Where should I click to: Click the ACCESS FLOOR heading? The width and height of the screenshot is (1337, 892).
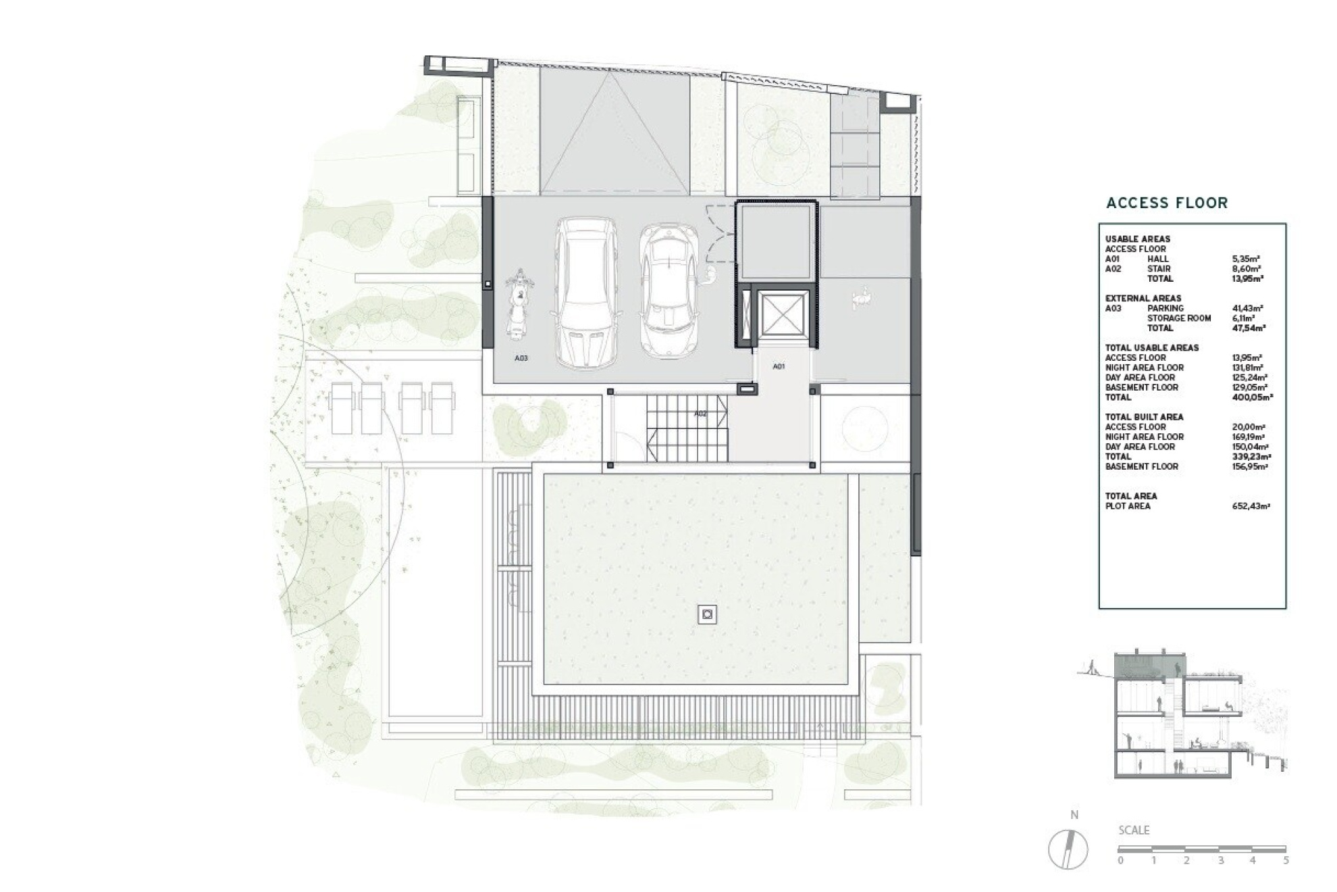coord(1167,203)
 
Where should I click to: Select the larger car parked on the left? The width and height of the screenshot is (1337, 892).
coord(585,292)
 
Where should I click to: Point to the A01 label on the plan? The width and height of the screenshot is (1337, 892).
coord(779,366)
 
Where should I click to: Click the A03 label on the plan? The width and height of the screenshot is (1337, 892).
coord(521,358)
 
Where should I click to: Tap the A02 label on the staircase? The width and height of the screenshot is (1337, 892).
coord(700,414)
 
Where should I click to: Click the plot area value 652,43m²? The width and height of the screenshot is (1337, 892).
coord(1251,506)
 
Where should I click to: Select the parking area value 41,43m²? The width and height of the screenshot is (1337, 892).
coord(1248,308)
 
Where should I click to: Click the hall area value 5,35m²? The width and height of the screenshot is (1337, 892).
coord(1246,259)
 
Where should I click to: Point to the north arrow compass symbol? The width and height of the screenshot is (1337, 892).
coord(1068,849)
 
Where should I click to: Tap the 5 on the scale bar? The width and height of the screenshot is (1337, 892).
coord(1286,861)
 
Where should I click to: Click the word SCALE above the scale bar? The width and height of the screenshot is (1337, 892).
coord(1134,831)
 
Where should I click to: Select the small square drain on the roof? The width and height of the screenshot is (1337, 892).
coord(707,614)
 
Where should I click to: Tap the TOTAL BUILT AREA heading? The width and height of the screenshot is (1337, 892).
coord(1144,417)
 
